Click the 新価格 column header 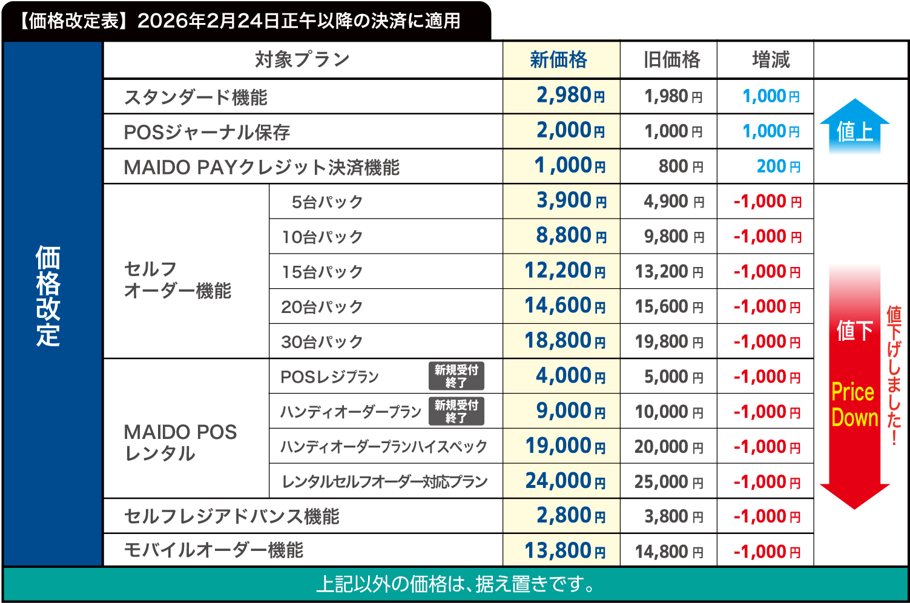[x=561, y=60]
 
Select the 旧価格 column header [x=671, y=60]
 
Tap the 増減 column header [x=771, y=60]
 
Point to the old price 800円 [x=681, y=166]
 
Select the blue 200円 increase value [x=778, y=166]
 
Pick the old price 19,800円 [x=669, y=342]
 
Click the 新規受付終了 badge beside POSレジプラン [x=457, y=376]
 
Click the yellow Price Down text [x=854, y=405]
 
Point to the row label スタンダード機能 [x=196, y=97]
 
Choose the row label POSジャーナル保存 [x=206, y=133]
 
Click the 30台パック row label [x=321, y=342]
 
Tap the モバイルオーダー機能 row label [x=213, y=550]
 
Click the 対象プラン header [x=302, y=60]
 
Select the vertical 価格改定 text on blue [x=48, y=295]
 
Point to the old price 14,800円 [x=669, y=552]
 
